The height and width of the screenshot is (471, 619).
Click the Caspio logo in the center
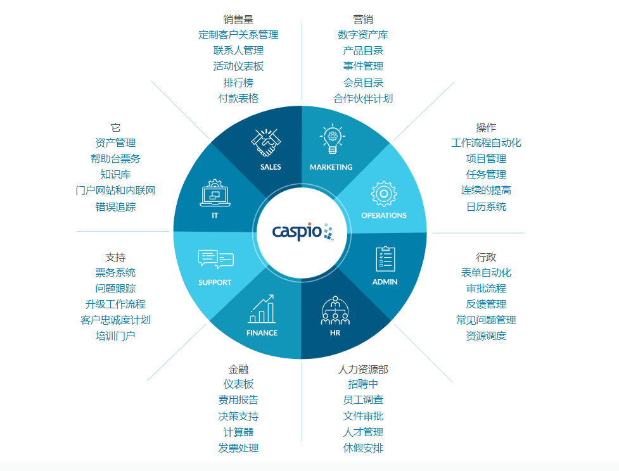(302, 232)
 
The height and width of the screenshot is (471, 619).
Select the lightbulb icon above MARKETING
(331, 139)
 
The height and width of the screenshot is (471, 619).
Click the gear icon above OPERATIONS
(384, 194)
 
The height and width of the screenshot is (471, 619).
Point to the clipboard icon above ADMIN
(385, 259)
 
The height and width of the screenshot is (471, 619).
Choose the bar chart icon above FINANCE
(262, 309)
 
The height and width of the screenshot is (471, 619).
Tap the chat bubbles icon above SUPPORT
(215, 260)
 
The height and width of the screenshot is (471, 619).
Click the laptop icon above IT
(215, 194)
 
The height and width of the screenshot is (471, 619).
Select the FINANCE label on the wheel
(262, 333)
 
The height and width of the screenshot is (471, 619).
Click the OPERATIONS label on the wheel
(384, 215)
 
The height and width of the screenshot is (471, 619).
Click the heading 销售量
(238, 19)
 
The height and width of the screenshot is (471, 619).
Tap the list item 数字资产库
(363, 35)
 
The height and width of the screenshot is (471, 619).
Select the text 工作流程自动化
(486, 142)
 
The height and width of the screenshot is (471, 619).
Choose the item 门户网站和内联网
(115, 190)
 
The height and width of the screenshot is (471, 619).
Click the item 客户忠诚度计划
(115, 320)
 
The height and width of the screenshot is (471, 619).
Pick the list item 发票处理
(238, 448)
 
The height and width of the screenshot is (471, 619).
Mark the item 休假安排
(363, 448)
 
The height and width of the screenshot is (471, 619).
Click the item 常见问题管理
(486, 320)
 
